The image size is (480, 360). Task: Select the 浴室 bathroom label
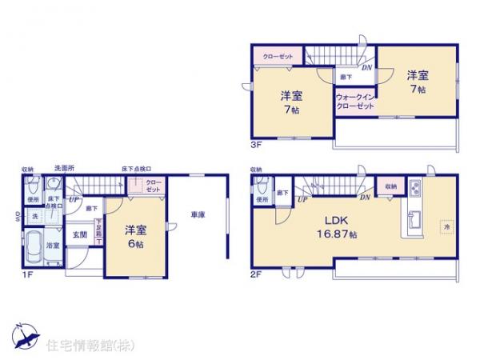point(53,246)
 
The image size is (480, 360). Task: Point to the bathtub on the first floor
point(35,248)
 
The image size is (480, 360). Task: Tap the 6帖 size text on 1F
point(134,244)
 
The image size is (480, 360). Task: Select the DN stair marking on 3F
point(365,67)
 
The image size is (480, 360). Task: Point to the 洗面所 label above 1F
point(65,170)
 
